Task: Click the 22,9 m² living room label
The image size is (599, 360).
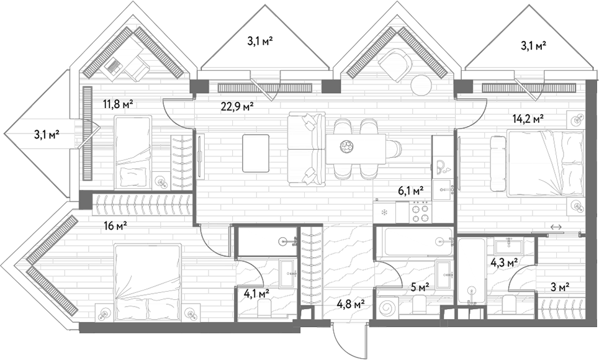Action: (237, 107)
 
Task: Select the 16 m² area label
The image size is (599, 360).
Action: (115, 227)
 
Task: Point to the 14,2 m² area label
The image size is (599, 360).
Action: (528, 119)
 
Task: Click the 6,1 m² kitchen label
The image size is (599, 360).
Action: (411, 191)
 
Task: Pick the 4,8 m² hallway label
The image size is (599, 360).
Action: (351, 304)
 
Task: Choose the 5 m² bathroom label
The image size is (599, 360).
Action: (420, 286)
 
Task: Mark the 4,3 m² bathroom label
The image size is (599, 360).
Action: (504, 263)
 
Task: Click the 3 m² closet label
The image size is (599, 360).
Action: (560, 286)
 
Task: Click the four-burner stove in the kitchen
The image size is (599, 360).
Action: (421, 213)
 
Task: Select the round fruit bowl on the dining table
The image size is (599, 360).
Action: (347, 146)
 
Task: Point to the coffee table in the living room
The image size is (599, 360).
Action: (256, 153)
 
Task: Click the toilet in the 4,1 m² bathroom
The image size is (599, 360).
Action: (264, 307)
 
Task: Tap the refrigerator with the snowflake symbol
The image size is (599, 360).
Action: (384, 212)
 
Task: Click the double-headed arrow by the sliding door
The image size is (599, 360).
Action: (556, 227)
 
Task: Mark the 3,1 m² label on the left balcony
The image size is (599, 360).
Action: (47, 135)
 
